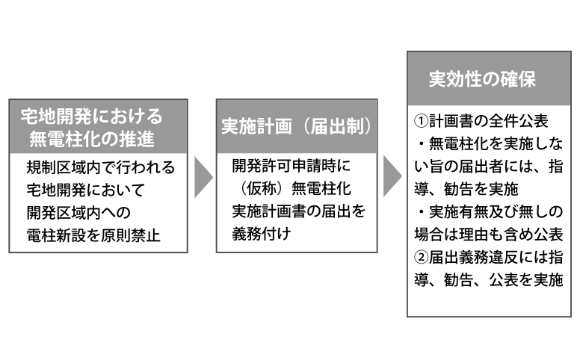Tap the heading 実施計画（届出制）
[x=297, y=126]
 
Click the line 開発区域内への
[x=78, y=214]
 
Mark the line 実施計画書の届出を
[x=298, y=211]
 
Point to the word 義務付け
[x=260, y=234]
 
